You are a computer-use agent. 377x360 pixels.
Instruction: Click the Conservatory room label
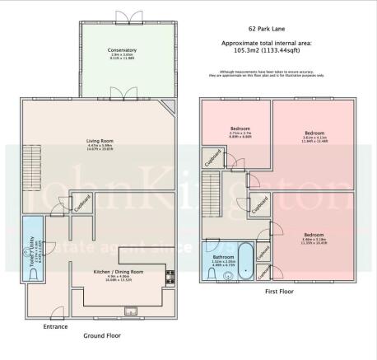point(121,51)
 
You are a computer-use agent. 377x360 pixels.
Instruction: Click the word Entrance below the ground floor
point(55,326)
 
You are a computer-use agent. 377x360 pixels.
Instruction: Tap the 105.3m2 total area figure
point(247,49)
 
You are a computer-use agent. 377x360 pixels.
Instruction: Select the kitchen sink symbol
point(130,310)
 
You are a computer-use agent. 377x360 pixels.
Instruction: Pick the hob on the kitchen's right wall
point(170,278)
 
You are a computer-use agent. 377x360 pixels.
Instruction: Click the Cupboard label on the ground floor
point(81,203)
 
